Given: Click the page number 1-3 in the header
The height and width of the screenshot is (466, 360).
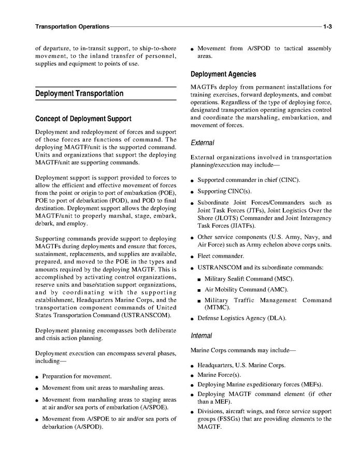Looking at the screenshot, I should (x=327, y=26).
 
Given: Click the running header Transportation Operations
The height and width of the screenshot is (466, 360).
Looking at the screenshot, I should (x=72, y=26).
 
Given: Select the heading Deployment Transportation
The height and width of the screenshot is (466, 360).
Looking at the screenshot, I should (x=79, y=94).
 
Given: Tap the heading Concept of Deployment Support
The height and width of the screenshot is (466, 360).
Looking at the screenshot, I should (x=83, y=119).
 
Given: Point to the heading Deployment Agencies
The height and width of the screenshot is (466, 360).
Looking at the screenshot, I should (x=223, y=74).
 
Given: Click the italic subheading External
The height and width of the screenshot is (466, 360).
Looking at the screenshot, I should (x=203, y=143).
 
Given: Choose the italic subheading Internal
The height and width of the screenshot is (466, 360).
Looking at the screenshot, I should (x=201, y=336).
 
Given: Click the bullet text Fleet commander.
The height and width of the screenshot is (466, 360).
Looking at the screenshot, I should (x=221, y=256).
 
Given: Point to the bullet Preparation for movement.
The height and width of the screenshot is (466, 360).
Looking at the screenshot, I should (x=77, y=376).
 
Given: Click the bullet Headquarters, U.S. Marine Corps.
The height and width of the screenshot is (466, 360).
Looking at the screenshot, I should (x=241, y=365).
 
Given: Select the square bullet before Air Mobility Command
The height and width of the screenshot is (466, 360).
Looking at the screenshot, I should (x=199, y=290).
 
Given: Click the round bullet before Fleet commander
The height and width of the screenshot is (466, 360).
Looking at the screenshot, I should (x=192, y=257).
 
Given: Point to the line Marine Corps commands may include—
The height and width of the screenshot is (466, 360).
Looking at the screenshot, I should (x=243, y=350).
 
